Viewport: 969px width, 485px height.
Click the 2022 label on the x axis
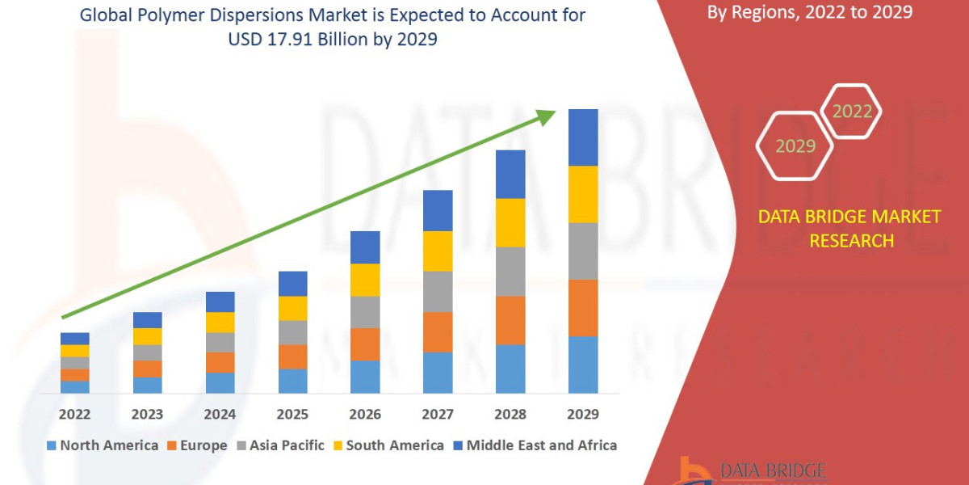(x=75, y=414)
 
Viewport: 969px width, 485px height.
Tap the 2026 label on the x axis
(x=365, y=414)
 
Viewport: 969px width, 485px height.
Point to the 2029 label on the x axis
(x=583, y=414)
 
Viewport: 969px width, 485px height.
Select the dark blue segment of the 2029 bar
(x=583, y=137)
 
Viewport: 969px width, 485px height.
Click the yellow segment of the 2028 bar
(x=510, y=222)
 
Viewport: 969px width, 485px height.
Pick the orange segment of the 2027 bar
(x=438, y=331)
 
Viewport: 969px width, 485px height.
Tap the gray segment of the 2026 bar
(x=365, y=311)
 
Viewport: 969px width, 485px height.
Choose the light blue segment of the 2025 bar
(x=292, y=381)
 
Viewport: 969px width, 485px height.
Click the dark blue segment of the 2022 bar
(x=75, y=338)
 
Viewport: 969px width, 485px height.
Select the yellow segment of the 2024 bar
(x=220, y=322)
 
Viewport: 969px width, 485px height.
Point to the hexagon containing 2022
(x=851, y=112)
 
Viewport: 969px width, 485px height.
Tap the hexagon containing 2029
(x=795, y=146)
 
